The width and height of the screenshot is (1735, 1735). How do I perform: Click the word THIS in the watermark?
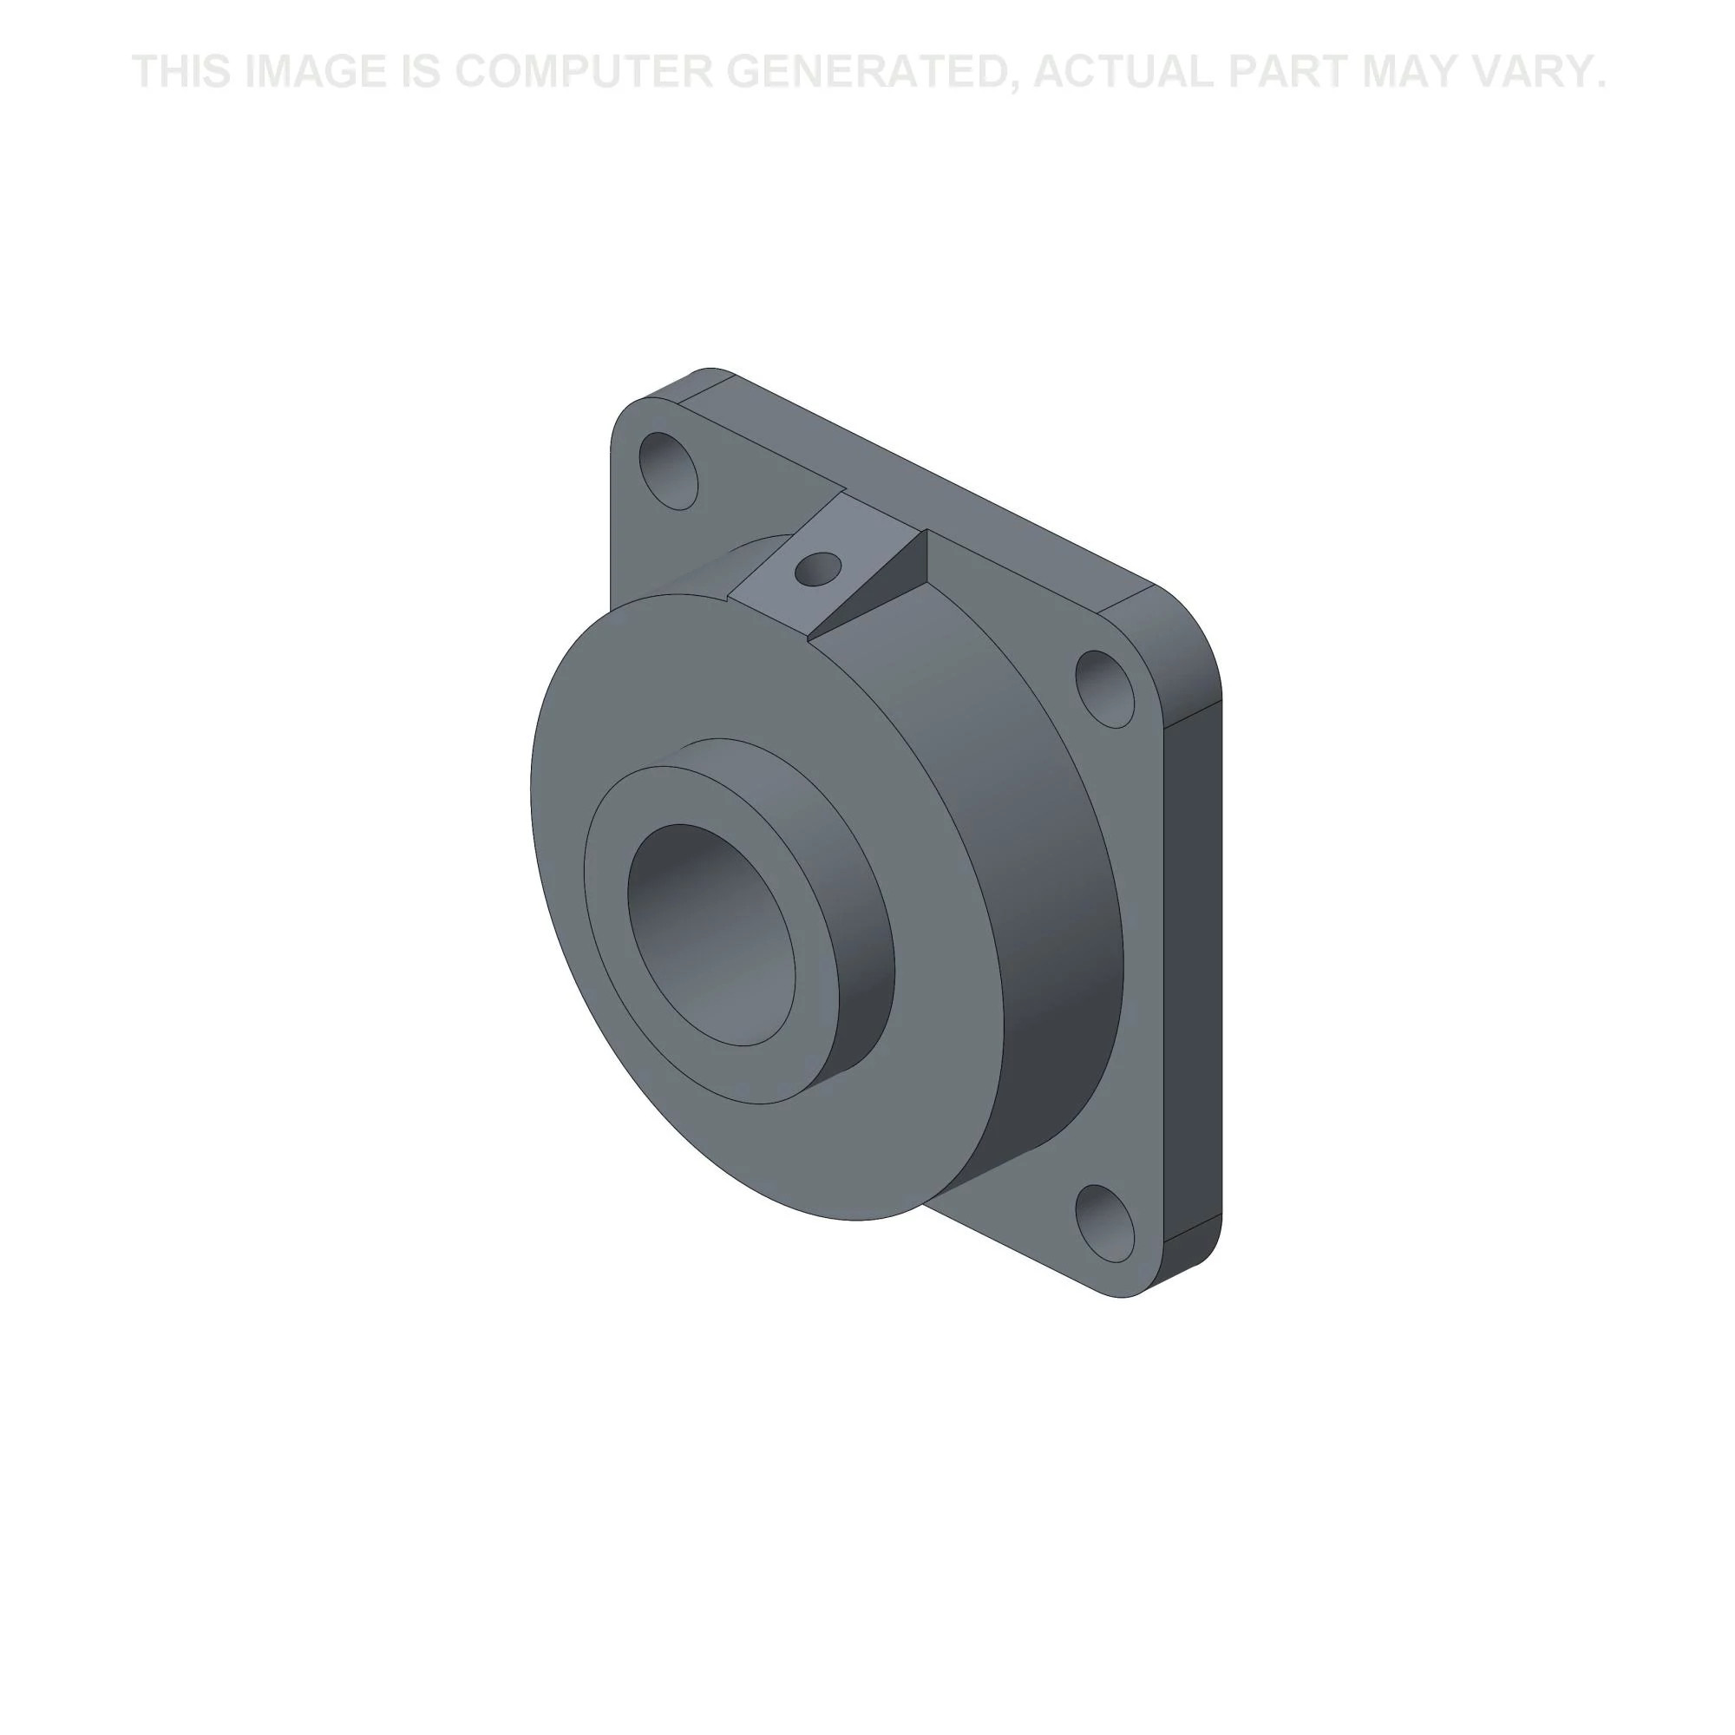(x=181, y=71)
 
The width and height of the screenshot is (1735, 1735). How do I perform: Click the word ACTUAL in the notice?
(x=1123, y=71)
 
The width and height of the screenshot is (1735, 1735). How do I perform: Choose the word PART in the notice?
(x=1287, y=71)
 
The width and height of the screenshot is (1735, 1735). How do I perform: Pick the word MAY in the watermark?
(x=1412, y=71)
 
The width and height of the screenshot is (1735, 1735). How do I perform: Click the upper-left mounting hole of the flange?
(x=668, y=470)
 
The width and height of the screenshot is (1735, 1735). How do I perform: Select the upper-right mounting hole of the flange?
(x=1104, y=689)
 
